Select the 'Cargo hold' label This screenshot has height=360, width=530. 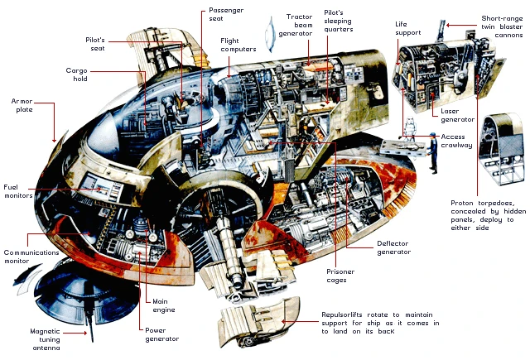pyautogui.click(x=77, y=75)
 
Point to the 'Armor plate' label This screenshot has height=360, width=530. pyautogui.click(x=22, y=105)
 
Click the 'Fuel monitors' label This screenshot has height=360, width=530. pyautogui.click(x=17, y=191)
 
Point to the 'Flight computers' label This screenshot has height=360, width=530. pyautogui.click(x=238, y=45)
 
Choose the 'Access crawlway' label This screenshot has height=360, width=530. pyautogui.click(x=458, y=142)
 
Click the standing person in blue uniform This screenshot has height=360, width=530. pyautogui.click(x=431, y=151)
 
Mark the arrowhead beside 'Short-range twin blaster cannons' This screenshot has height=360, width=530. pyautogui.click(x=450, y=26)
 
